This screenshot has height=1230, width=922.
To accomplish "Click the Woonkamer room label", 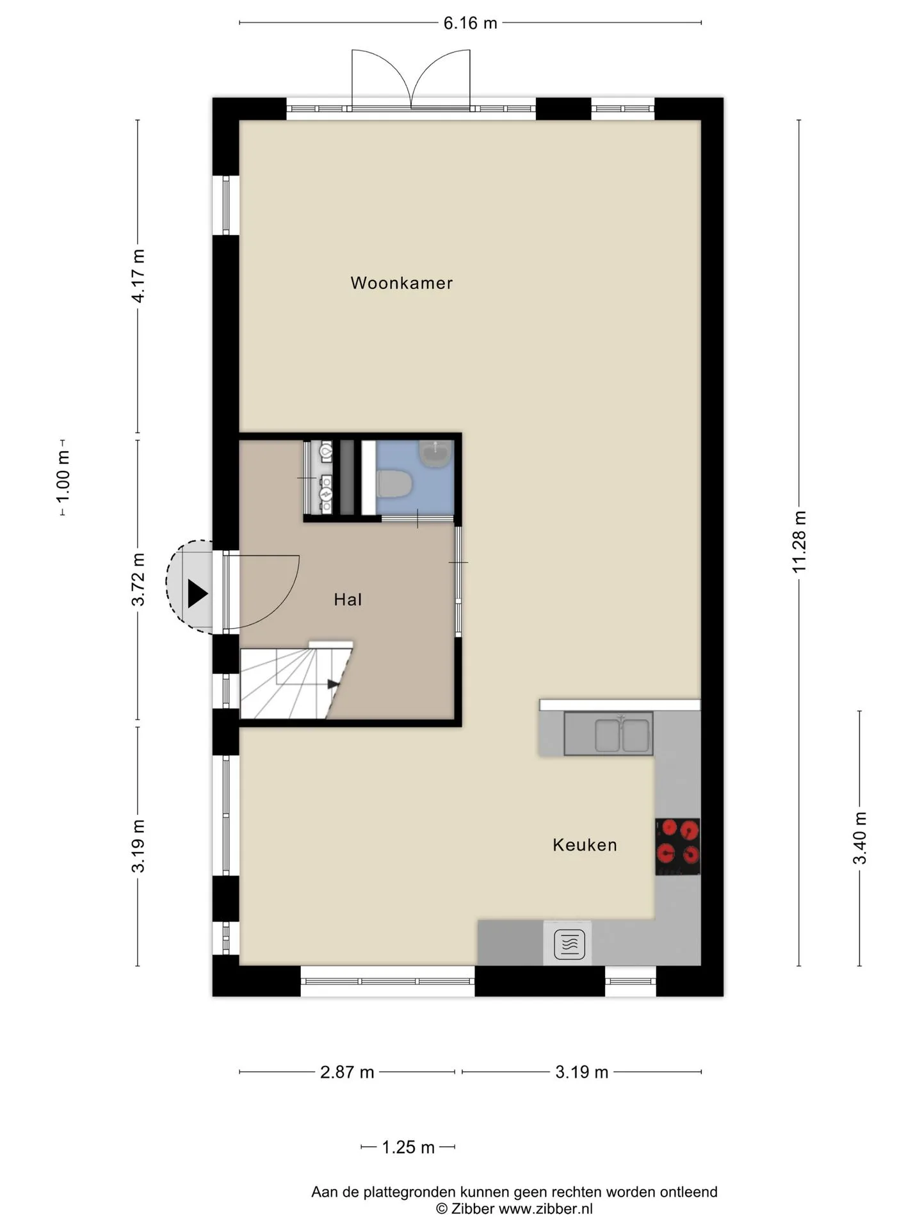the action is click(x=401, y=283).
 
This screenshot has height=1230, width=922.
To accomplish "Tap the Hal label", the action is click(x=348, y=600).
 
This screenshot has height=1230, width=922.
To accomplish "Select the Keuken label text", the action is click(x=585, y=845).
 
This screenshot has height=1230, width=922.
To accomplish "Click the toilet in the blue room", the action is click(x=394, y=484).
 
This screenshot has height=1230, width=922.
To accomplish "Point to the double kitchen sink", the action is click(x=608, y=734).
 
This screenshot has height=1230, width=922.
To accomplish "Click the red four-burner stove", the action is click(x=677, y=846).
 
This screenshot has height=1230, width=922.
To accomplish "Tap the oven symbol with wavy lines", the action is click(x=569, y=944).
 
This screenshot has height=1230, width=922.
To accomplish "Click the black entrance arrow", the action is click(x=197, y=593).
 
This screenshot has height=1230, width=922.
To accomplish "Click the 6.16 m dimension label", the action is click(x=470, y=23).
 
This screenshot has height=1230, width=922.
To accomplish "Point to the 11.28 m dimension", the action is click(x=798, y=542).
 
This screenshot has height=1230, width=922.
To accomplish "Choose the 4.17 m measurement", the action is click(x=138, y=276).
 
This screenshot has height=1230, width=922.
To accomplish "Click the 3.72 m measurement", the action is click(x=138, y=579).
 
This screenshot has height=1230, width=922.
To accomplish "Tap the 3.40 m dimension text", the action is click(x=859, y=838).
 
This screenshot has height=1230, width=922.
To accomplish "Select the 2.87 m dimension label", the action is click(x=347, y=1072).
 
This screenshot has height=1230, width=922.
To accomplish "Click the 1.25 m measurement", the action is click(x=408, y=1147).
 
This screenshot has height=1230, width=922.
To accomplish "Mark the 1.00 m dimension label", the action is click(x=62, y=477).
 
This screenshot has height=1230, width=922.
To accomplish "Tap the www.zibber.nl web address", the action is click(x=546, y=1209).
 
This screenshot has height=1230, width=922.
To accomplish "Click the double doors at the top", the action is click(x=410, y=79).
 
